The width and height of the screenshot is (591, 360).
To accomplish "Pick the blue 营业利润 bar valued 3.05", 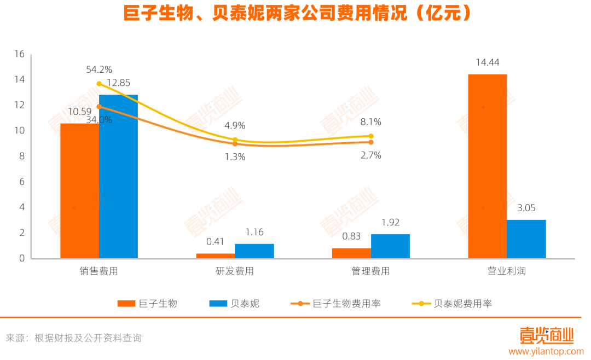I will point(526,239).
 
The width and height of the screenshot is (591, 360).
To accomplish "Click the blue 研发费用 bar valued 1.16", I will point(254,251).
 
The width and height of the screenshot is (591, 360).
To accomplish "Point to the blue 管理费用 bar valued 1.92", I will point(390,246).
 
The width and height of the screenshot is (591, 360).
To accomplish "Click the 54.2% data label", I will point(99,69).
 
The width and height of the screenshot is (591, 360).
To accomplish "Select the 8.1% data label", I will point(370,122).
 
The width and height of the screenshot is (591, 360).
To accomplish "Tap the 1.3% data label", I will point(235,157).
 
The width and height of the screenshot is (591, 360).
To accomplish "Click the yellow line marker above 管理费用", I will point(370,136).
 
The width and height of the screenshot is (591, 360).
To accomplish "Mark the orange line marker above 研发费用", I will point(235,143).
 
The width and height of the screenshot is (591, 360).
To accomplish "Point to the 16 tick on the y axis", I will point(20,54).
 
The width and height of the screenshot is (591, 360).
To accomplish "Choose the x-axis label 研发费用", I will point(235,271).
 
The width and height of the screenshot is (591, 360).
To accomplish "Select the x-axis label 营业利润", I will point(507,271).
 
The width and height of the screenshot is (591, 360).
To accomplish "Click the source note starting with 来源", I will point(74,338).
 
